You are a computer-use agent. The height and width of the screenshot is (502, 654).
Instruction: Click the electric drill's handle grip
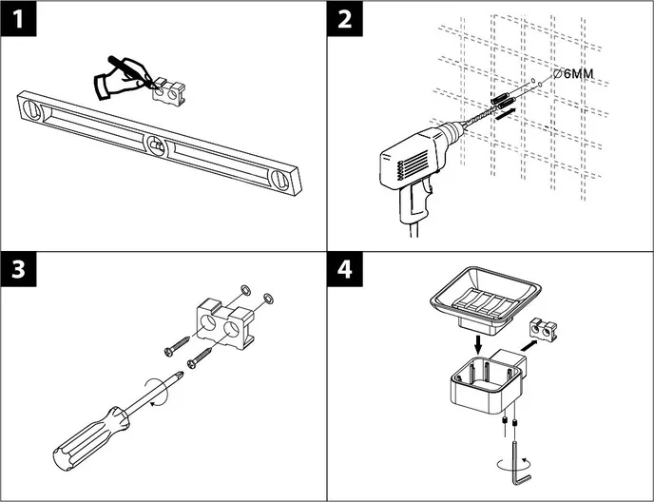[x=419, y=204]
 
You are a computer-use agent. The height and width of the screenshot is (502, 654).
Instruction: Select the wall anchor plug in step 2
[x=502, y=97]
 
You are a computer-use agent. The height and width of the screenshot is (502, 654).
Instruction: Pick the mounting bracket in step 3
[x=228, y=322]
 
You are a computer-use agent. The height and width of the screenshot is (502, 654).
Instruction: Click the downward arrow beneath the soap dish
[x=475, y=340]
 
